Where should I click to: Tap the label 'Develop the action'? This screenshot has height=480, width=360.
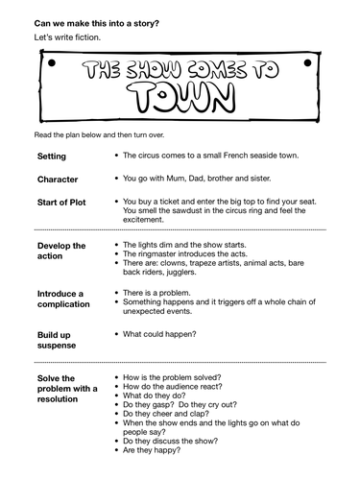click(61, 252)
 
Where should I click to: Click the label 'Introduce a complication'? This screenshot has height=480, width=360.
click(65, 300)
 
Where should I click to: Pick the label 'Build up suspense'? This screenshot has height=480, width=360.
click(60, 339)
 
